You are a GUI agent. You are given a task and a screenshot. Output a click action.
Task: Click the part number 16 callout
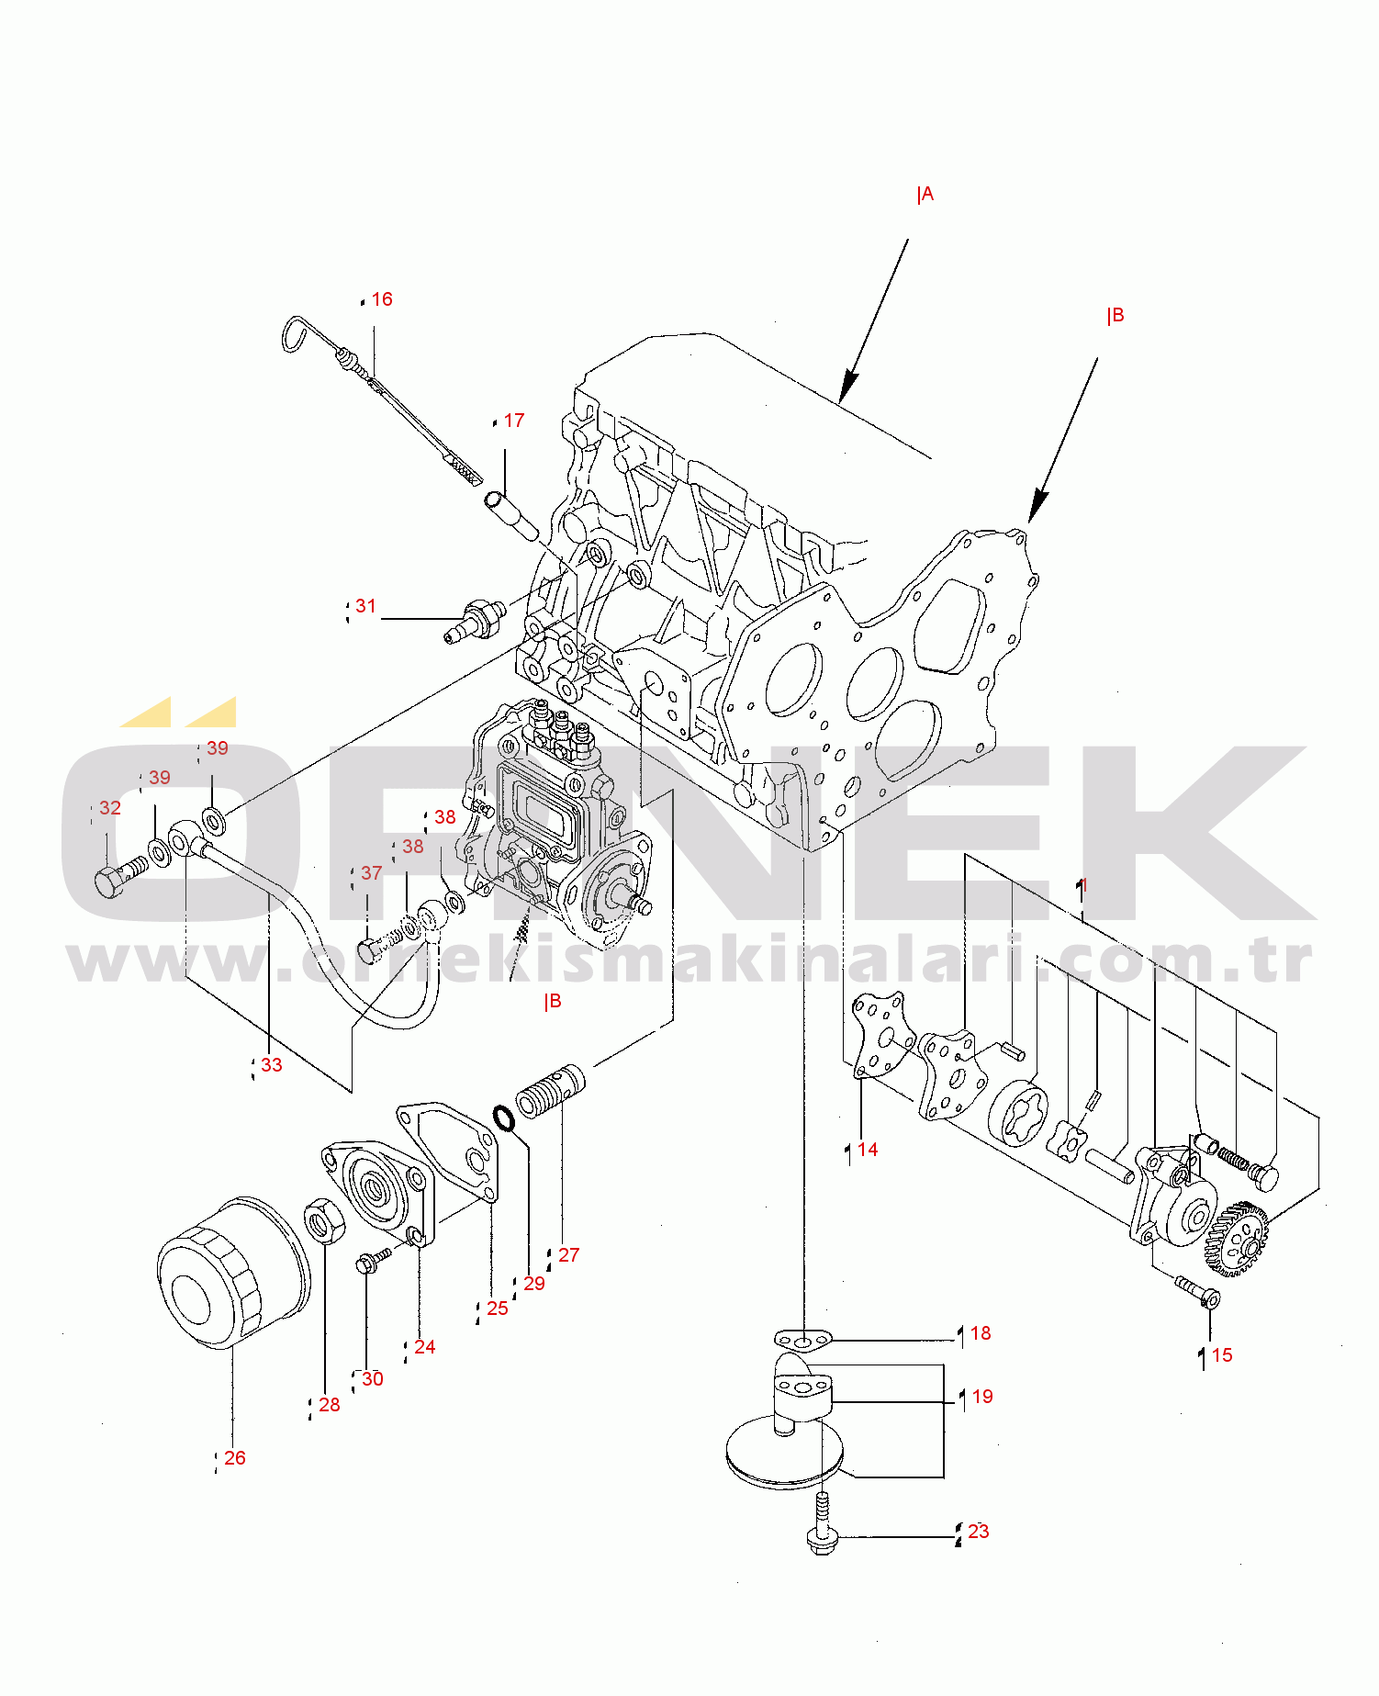coord(382,299)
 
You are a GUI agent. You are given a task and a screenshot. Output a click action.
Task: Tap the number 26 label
coord(235,1458)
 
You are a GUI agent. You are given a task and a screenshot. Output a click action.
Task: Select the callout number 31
coord(366,606)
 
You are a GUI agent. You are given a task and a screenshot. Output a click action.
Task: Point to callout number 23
coord(979,1532)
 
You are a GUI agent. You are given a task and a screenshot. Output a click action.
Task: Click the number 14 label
coord(868,1150)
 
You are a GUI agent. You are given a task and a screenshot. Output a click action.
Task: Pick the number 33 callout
coord(272,1065)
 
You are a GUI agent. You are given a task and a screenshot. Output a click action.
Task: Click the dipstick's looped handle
coord(299,334)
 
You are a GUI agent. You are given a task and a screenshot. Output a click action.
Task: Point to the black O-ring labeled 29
coord(503,1118)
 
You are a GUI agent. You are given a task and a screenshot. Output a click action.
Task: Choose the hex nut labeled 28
coord(324,1221)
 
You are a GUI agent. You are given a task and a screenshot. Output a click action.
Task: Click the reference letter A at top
coord(925,194)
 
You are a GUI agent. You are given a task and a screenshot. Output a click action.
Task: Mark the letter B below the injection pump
coord(553,1002)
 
